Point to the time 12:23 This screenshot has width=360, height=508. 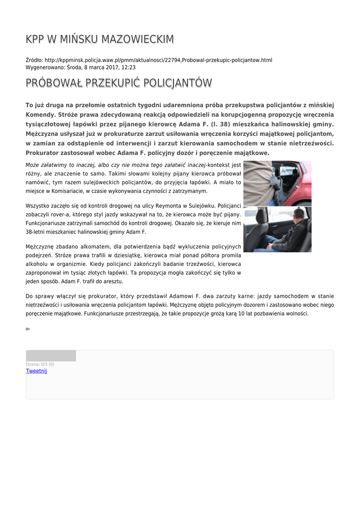click(129, 67)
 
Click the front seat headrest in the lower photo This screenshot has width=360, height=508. click(262, 218)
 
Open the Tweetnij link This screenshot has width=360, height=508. click(36, 371)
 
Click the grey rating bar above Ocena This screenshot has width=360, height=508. click(51, 356)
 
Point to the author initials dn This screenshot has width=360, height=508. click(27, 329)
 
